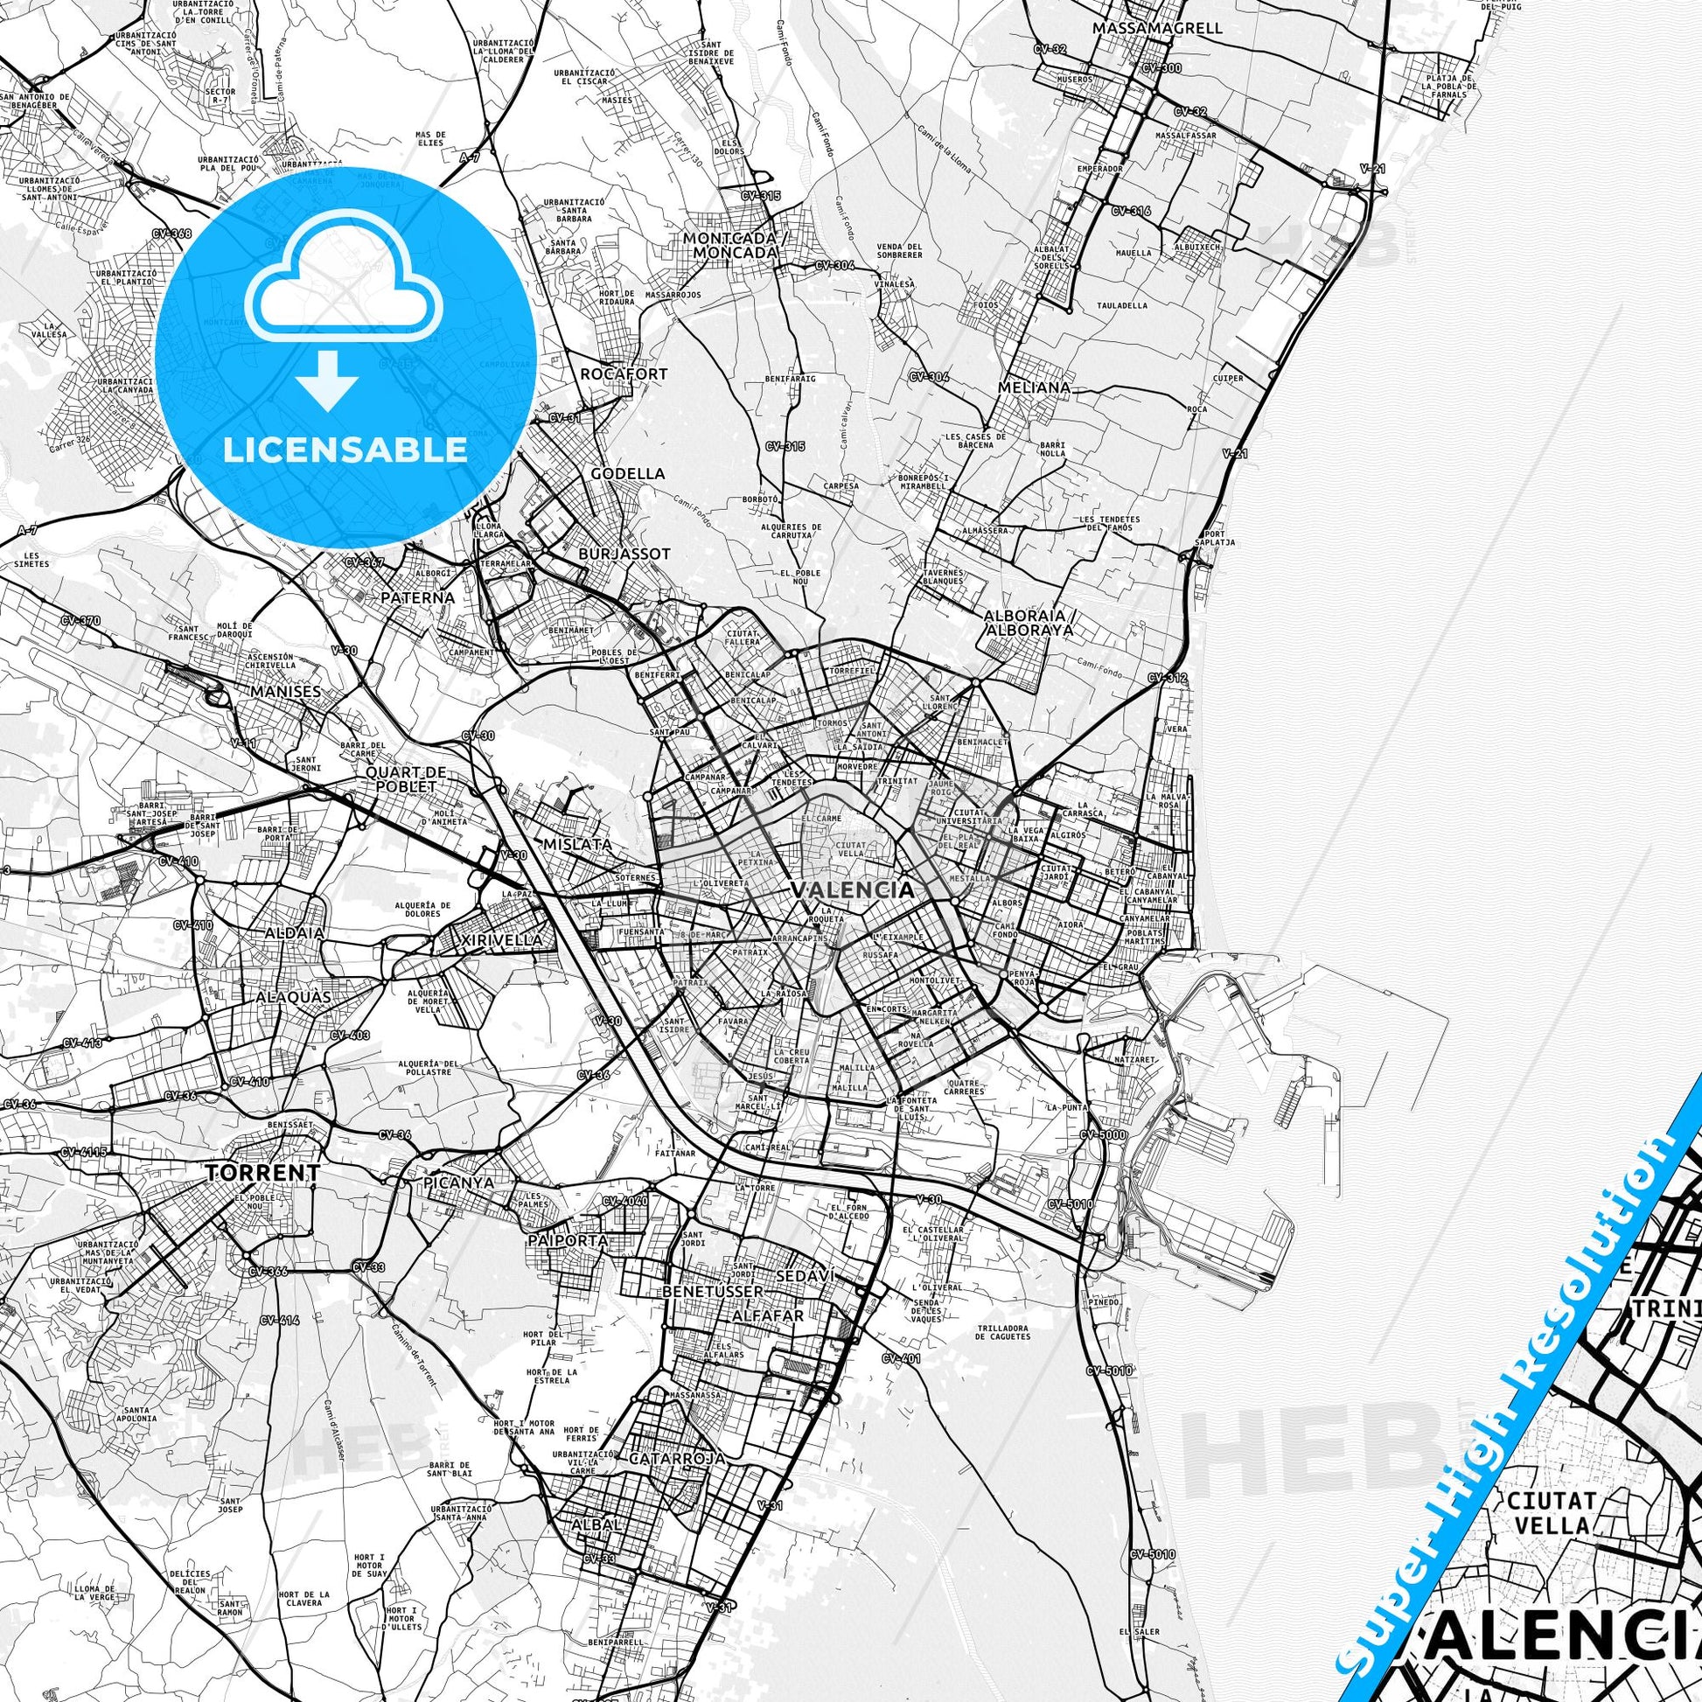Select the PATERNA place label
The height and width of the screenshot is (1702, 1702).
point(418,598)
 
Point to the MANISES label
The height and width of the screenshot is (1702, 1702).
point(285,692)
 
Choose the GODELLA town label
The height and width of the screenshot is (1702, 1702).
point(627,473)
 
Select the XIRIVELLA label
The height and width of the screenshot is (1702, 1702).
point(502,941)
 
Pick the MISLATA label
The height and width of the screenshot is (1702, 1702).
point(578,844)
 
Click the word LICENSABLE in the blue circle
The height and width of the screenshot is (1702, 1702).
point(345,450)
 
